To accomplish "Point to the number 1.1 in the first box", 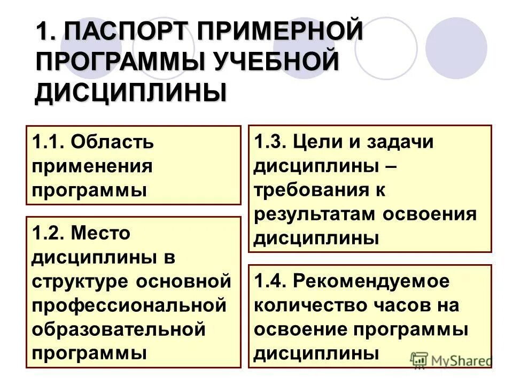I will (x=48, y=142).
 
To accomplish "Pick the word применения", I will (x=92, y=166).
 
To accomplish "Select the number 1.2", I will (x=48, y=233).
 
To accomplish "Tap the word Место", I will (x=100, y=233).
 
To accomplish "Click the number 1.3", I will (x=270, y=142).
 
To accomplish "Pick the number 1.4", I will (x=270, y=281).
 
